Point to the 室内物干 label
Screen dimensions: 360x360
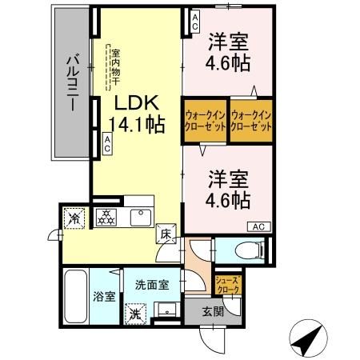coord(114,63)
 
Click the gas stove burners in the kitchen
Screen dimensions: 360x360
coord(106,217)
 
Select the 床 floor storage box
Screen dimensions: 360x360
coord(165,234)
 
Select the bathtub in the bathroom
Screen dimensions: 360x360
coord(77,297)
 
